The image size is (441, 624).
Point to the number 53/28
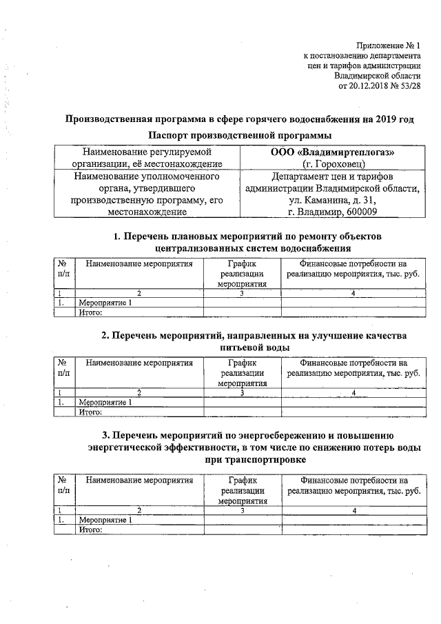408,85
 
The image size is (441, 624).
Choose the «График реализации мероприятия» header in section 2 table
242,373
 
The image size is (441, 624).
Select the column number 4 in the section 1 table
353,293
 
